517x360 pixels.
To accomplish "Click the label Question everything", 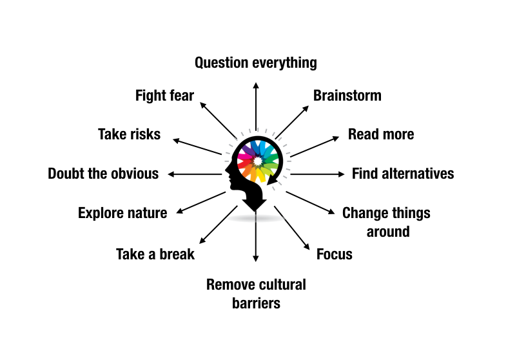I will click(x=256, y=63).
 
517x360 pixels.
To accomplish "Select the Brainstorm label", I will click(x=347, y=95).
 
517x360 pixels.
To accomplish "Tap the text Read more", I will click(x=381, y=134).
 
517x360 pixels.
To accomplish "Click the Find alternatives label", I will click(x=403, y=174).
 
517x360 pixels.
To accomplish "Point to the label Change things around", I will click(x=386, y=221).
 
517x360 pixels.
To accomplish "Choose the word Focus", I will click(x=335, y=254).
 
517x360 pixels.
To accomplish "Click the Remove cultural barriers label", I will click(x=256, y=293).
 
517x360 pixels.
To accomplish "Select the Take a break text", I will click(x=155, y=254).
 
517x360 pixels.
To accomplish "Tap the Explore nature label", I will click(x=122, y=213).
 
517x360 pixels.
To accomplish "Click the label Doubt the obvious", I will click(x=103, y=174).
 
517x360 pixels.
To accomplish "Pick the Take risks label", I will click(x=129, y=134).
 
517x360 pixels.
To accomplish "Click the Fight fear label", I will click(x=164, y=95).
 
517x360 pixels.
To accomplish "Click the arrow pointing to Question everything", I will click(x=256, y=106).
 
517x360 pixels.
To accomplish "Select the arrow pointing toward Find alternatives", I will click(x=318, y=174).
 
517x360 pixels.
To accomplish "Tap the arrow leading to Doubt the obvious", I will click(x=195, y=174).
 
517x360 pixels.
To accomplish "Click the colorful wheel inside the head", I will click(x=258, y=161).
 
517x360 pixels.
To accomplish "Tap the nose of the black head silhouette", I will click(x=226, y=172).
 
